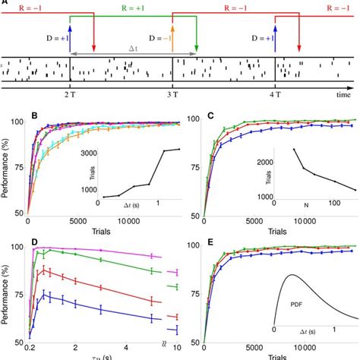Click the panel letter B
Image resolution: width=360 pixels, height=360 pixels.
(x=33, y=118)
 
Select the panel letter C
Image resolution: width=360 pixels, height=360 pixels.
(x=212, y=118)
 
